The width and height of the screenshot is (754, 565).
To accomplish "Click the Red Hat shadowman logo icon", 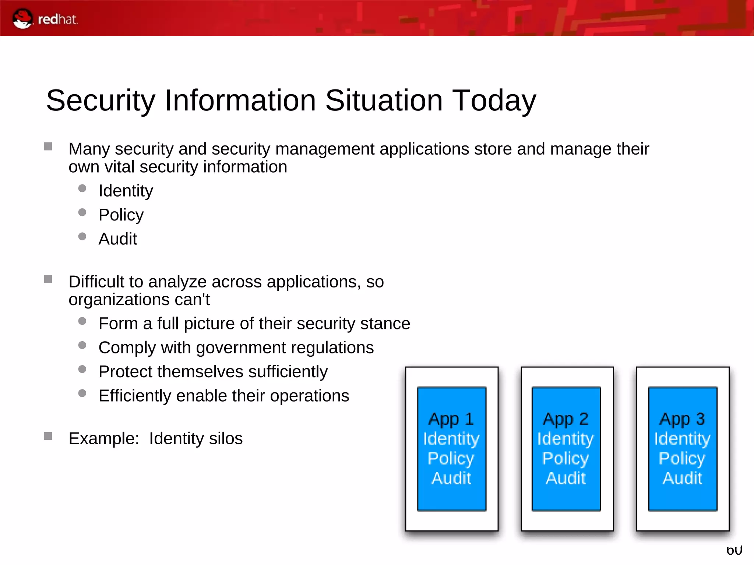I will tap(22, 19).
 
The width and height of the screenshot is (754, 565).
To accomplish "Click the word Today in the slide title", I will tap(494, 100).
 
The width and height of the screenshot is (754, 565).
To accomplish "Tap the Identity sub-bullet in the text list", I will tap(126, 191).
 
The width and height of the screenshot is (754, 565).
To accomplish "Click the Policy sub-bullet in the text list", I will tap(121, 215).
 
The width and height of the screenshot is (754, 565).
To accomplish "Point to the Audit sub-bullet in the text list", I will tap(117, 239).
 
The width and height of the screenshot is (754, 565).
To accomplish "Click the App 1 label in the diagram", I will tap(451, 419).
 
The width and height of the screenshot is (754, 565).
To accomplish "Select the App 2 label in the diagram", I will tap(565, 419).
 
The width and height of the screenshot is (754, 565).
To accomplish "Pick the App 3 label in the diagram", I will tap(682, 419).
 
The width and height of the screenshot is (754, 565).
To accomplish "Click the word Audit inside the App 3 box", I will tap(682, 479).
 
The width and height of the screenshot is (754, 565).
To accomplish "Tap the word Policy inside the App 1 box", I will tap(451, 459).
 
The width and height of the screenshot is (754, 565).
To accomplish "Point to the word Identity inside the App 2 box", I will tap(565, 439).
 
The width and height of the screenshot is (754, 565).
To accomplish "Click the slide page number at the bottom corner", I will tap(734, 551).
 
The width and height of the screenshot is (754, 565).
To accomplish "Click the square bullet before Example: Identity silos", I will tap(48, 436).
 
